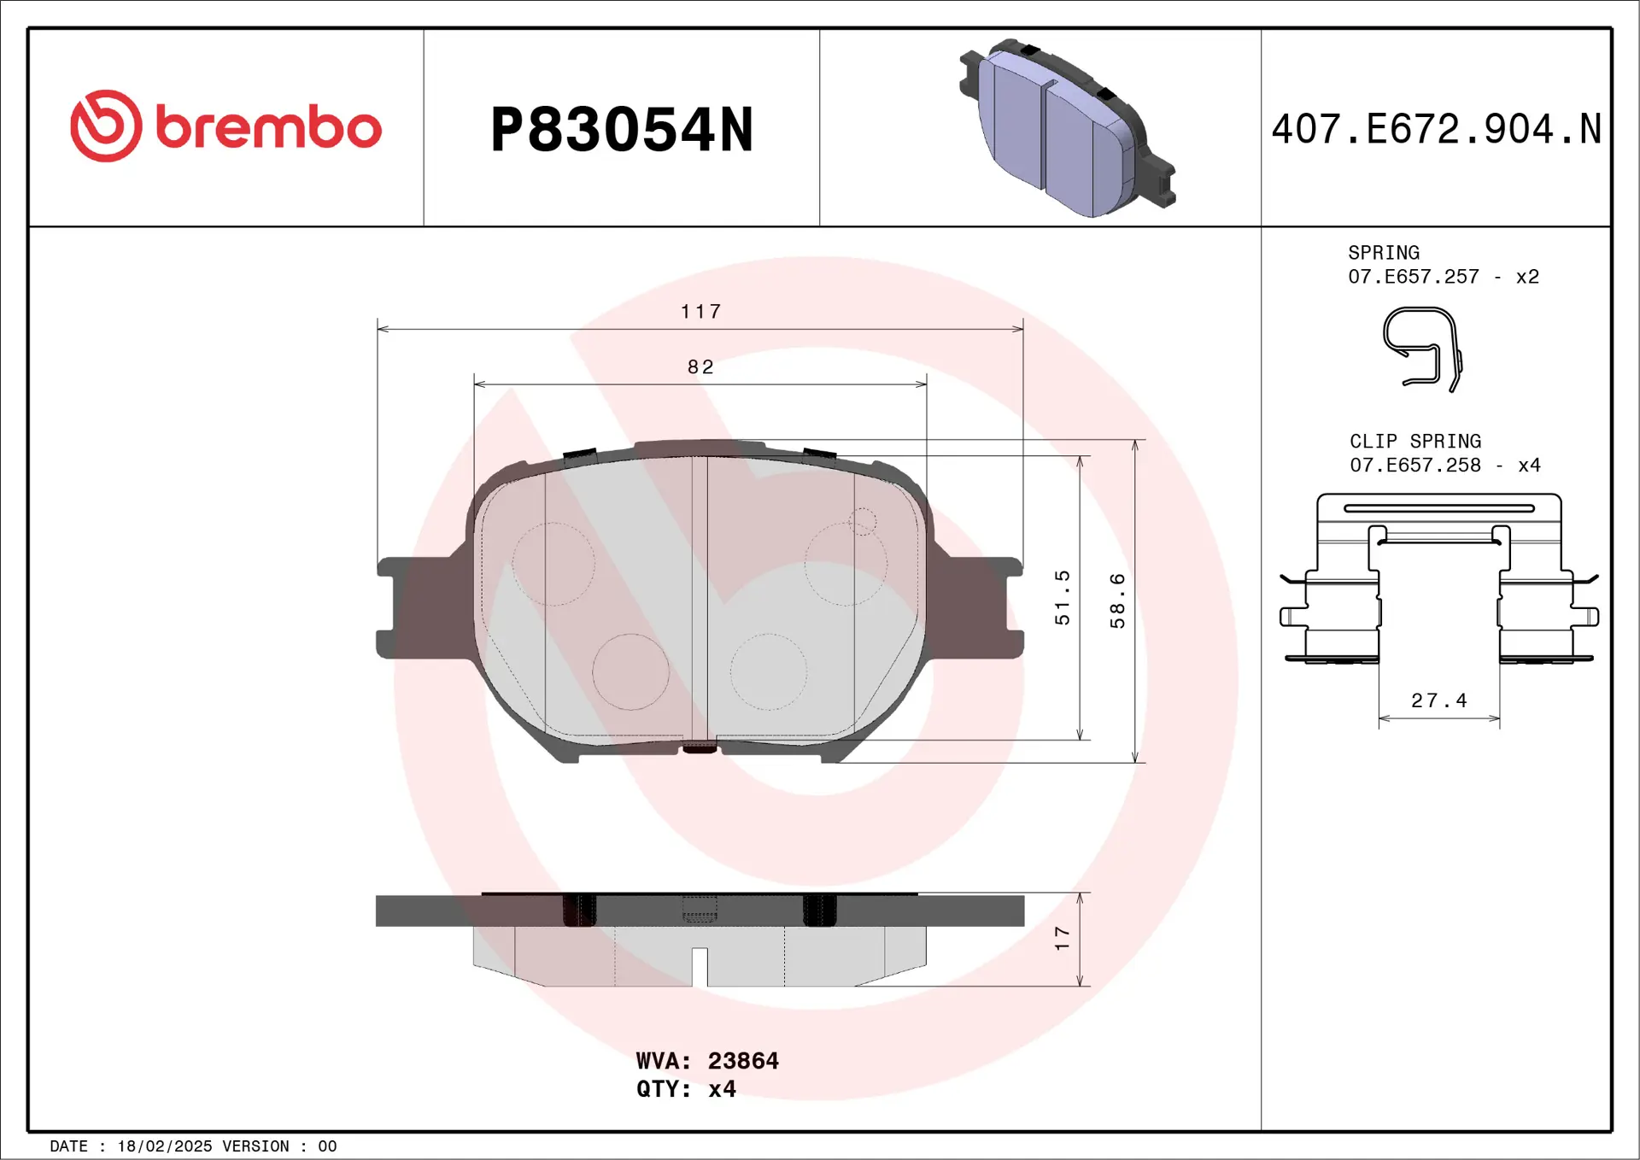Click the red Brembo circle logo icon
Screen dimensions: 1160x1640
[x=106, y=126]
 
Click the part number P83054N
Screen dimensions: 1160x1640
[x=621, y=131]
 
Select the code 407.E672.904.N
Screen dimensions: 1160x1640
[x=1436, y=130]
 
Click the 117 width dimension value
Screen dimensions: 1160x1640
[x=700, y=312]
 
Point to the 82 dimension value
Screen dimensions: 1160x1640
[x=700, y=367]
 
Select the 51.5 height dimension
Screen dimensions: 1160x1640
[x=1062, y=598]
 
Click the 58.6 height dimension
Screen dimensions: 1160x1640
[x=1117, y=601]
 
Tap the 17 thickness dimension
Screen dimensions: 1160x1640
[x=1062, y=938]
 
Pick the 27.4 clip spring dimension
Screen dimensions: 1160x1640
[x=1438, y=701]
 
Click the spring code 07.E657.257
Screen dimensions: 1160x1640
[x=1413, y=277]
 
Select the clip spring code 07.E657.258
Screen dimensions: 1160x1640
[x=1414, y=466]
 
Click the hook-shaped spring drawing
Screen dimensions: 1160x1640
[x=1421, y=349]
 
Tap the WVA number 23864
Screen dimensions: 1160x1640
[x=742, y=1061]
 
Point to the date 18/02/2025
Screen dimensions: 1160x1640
[x=164, y=1146]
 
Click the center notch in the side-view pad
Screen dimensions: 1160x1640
[x=700, y=966]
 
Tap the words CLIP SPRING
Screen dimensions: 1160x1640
[x=1414, y=442]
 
